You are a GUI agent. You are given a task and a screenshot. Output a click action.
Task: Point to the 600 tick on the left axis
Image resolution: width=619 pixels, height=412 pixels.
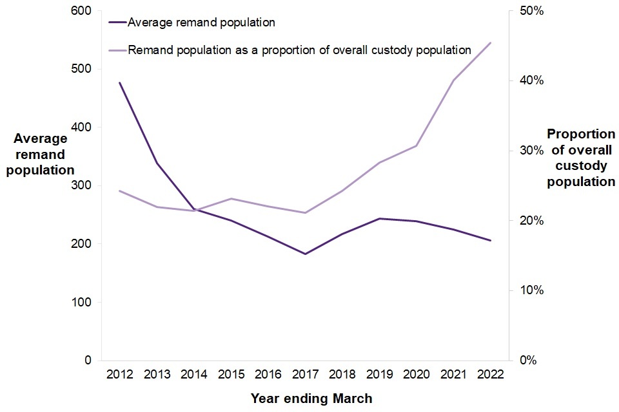click(84, 11)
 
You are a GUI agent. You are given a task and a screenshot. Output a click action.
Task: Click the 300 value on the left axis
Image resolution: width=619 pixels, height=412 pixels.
click(84, 185)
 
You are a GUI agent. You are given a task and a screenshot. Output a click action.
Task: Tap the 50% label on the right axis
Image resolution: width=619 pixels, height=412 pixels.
click(530, 11)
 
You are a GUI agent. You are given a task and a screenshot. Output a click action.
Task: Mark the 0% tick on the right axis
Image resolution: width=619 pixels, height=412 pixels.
click(527, 360)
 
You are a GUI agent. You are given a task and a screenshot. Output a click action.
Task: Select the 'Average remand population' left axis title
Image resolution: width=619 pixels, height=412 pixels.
click(41, 154)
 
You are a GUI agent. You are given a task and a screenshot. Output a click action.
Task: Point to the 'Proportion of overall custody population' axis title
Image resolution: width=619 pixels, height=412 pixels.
click(581, 158)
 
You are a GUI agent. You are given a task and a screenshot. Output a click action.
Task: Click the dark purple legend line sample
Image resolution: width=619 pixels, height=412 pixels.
click(117, 23)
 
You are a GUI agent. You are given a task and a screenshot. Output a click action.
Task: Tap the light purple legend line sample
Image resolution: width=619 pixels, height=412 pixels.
click(117, 50)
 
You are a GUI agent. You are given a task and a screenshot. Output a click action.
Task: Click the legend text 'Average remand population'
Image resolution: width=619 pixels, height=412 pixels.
click(202, 23)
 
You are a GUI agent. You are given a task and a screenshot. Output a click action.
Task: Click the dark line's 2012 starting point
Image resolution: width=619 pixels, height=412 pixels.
click(119, 82)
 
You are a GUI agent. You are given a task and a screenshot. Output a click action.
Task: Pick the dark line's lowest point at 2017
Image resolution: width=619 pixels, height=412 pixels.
click(305, 254)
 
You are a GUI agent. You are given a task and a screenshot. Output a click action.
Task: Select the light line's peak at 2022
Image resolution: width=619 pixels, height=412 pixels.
click(491, 42)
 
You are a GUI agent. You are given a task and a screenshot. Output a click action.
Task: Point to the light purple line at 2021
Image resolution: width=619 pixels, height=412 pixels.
click(453, 80)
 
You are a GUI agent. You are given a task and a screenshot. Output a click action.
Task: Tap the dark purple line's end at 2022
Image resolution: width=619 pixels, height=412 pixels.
click(491, 241)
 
